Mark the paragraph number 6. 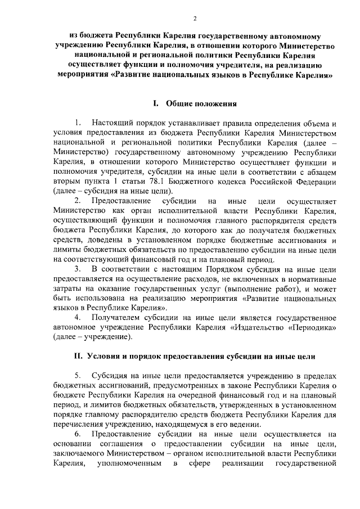pyautogui.click(x=78, y=434)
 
